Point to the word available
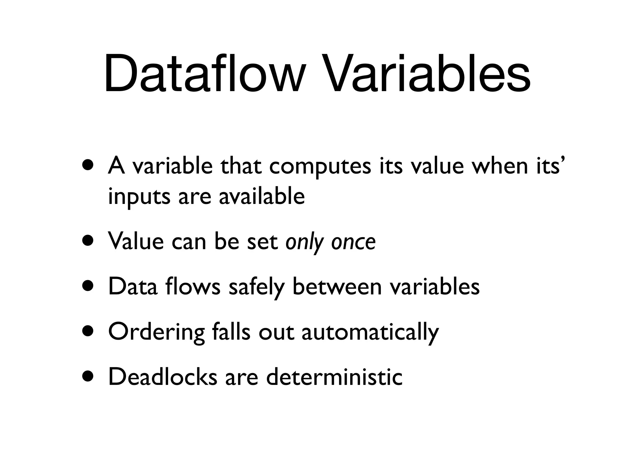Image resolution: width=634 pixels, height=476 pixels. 262,196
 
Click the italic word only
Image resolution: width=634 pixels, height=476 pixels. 305,242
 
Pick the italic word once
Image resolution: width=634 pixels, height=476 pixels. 354,242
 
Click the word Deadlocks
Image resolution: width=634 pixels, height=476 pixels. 163,377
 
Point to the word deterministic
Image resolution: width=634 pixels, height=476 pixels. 334,377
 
